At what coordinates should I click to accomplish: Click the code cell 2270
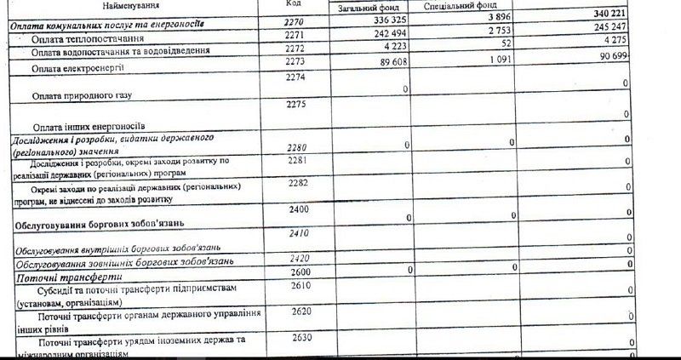(x=294, y=20)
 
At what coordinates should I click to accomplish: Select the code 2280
(x=296, y=146)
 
